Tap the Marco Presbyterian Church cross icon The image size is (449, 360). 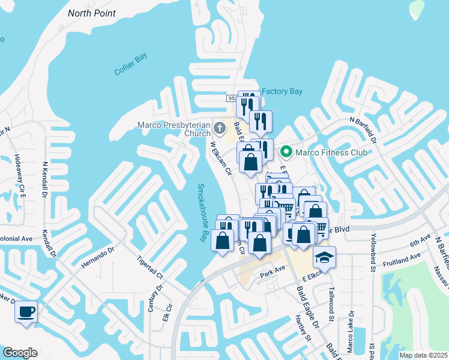(220, 127)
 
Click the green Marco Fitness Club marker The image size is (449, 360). (286, 152)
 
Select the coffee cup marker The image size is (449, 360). (26, 311)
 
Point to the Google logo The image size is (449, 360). (20, 353)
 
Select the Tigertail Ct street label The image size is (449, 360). (151, 268)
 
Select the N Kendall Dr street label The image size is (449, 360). (45, 179)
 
